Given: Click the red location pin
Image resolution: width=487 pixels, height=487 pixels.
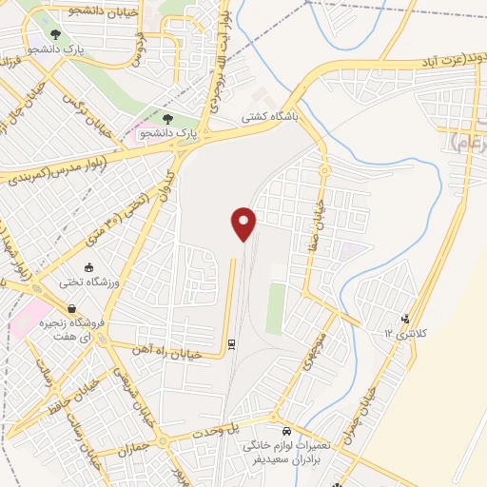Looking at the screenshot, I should click(x=244, y=223).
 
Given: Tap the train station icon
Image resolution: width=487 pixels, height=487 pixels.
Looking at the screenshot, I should click(x=231, y=343).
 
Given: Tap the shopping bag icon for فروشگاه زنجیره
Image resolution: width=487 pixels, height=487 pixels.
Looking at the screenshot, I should click(x=72, y=309).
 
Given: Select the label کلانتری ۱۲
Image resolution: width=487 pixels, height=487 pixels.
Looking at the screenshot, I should click(x=406, y=334).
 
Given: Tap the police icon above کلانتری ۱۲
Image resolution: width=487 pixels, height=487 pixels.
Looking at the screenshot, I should click(x=406, y=319).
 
